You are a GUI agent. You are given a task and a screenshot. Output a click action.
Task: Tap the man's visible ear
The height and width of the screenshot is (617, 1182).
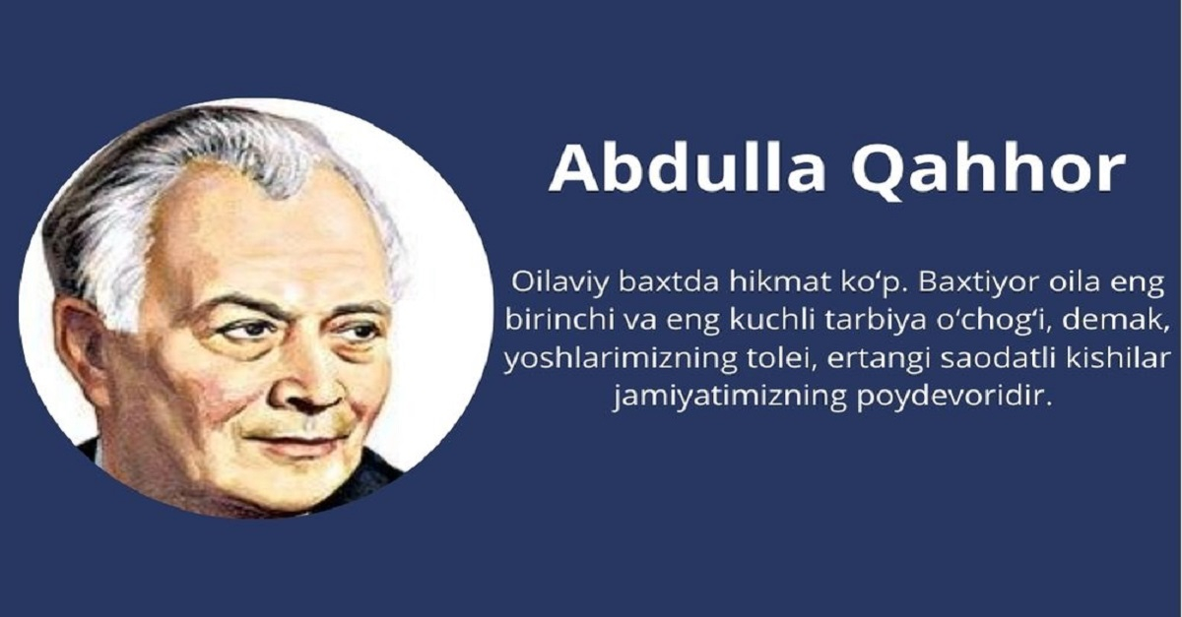(79, 344)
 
